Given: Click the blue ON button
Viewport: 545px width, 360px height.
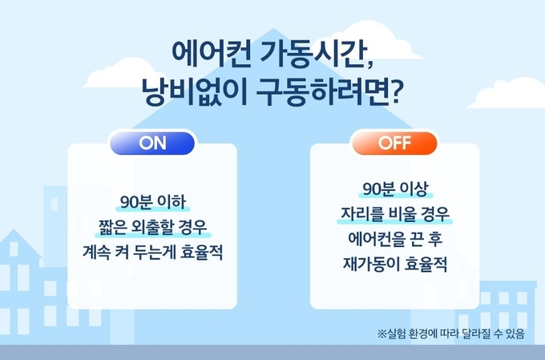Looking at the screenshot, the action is click(x=152, y=143).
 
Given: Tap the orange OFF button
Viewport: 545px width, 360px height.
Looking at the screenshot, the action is click(x=394, y=143).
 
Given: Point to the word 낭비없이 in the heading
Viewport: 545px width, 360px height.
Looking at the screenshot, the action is click(x=194, y=92).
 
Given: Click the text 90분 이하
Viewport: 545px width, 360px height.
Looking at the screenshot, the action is click(x=153, y=202).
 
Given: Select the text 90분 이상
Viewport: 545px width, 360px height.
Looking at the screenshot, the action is click(x=395, y=189).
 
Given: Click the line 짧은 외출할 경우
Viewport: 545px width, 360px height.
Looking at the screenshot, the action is click(x=153, y=227).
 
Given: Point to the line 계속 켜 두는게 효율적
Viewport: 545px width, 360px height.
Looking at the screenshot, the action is click(x=153, y=253).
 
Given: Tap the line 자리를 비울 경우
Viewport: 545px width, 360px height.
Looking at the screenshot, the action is click(x=395, y=214).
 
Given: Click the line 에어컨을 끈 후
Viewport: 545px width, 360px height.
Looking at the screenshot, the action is click(x=395, y=239).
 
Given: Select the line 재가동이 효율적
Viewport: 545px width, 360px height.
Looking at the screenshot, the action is click(x=395, y=264).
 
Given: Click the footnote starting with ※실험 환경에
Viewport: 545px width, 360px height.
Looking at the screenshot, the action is click(x=450, y=334).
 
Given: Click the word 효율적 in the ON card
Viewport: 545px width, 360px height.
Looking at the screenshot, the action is click(x=202, y=253).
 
